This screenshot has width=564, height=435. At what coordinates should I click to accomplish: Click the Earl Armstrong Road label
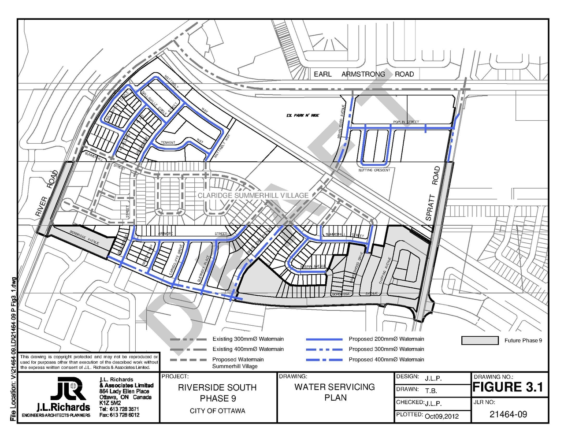(x=364, y=74)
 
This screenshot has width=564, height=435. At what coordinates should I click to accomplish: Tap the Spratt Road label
(x=433, y=194)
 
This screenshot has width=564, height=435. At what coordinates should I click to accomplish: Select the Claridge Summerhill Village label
(x=253, y=195)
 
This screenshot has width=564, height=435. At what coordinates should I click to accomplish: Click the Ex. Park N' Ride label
(x=303, y=115)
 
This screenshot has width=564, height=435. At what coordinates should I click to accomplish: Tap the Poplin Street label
(x=406, y=122)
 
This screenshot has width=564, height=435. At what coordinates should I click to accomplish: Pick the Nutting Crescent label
(x=374, y=170)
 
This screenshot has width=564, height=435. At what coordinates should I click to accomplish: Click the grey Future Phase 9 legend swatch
(x=480, y=340)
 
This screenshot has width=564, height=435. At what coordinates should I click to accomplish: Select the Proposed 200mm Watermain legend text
(x=386, y=339)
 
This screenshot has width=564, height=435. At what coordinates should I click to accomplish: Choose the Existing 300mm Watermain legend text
(x=248, y=339)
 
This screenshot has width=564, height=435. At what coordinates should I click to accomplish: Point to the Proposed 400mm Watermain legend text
(x=386, y=360)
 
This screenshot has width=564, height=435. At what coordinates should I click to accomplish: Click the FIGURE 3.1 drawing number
(x=508, y=387)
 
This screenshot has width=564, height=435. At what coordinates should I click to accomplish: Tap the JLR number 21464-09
(x=508, y=414)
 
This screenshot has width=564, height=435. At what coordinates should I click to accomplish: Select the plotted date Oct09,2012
(x=442, y=416)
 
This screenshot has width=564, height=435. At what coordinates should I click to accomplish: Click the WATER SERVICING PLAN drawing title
(x=335, y=392)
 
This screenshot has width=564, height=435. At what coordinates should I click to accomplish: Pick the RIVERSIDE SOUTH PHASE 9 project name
(x=217, y=393)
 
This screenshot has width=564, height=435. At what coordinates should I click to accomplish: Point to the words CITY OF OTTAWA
(x=217, y=411)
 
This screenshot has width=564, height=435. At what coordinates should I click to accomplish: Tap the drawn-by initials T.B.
(x=431, y=390)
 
